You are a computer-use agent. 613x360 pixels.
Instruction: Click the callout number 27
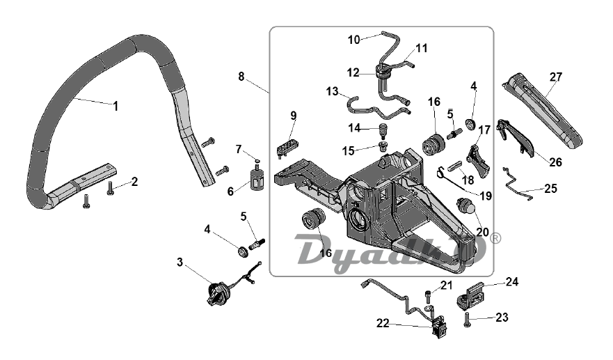(x=555, y=77)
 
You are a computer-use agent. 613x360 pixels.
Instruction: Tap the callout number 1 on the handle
(x=116, y=106)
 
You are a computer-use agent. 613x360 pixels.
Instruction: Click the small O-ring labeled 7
(x=257, y=159)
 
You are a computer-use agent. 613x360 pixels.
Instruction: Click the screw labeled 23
(x=467, y=320)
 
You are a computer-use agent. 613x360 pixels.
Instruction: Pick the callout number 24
(x=512, y=282)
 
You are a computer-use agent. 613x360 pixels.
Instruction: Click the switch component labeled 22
(x=438, y=327)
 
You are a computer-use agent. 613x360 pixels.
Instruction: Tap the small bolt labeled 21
(x=429, y=295)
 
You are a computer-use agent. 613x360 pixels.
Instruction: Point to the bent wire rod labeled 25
(x=517, y=185)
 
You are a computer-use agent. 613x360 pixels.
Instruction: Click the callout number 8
(x=241, y=77)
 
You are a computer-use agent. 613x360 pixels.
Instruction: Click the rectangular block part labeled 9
(x=287, y=147)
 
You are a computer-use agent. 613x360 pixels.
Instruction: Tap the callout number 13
(x=333, y=91)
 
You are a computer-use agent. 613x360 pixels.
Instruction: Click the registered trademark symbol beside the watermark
(x=495, y=238)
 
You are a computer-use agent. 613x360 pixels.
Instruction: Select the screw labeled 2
(x=111, y=188)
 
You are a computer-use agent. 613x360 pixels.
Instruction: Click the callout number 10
(x=353, y=40)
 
